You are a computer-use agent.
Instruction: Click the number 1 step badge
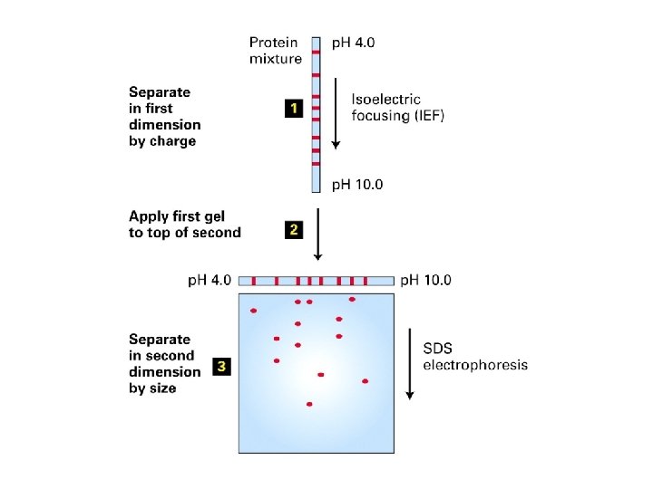coord(293,109)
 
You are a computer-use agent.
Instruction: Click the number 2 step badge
coord(293,230)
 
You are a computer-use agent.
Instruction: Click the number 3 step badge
coord(220,367)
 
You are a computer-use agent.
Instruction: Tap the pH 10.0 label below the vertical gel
coord(357,185)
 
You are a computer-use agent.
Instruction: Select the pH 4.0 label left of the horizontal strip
coord(210,281)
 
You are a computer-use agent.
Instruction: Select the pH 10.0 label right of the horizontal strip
coord(425,281)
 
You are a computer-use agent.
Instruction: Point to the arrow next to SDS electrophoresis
coord(410,362)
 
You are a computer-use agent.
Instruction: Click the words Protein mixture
coord(276,51)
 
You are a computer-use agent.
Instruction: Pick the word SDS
coord(440,349)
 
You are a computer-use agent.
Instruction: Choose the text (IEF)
coord(424,116)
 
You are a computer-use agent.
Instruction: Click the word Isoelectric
coord(386,100)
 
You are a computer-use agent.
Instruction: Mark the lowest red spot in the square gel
coord(309,404)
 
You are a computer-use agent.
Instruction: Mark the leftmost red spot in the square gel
coord(254,311)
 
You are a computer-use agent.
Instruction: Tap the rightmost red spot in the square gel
coord(365,381)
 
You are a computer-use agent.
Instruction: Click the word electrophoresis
coord(474,365)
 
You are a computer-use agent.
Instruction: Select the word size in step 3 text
coord(161,388)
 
